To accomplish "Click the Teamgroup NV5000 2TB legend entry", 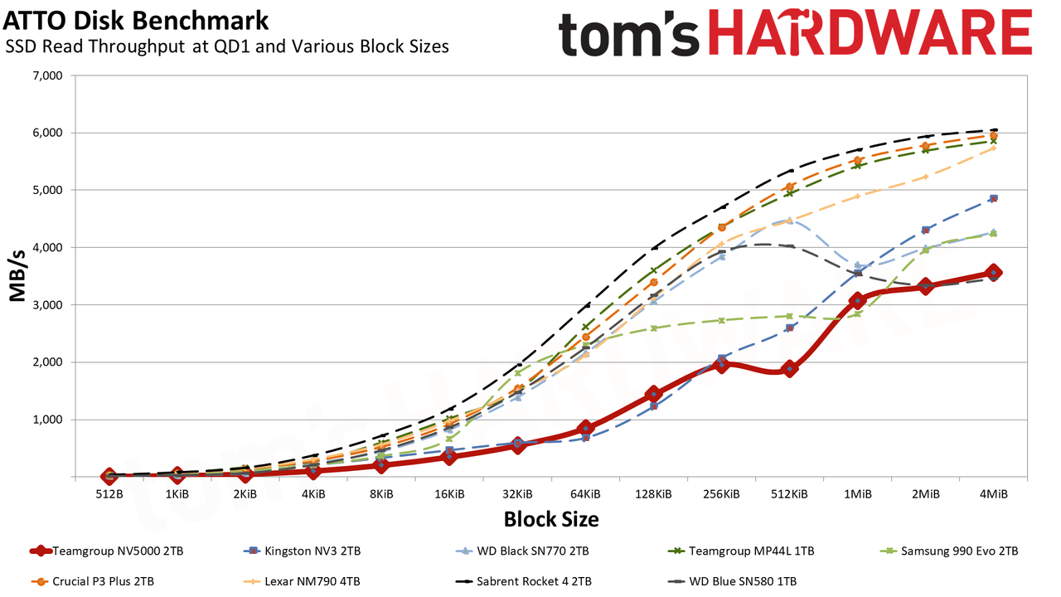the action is click(107, 551).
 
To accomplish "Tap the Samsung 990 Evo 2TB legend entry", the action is click(949, 551).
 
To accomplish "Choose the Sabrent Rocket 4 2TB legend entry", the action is click(523, 581).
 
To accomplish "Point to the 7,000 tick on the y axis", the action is click(48, 75).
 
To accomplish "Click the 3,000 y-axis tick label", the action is click(48, 305).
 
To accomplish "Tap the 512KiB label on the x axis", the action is click(789, 495).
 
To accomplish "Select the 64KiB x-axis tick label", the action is click(585, 495).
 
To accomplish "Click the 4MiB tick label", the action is click(994, 495).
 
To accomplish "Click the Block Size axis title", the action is click(551, 519).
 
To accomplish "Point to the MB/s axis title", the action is click(17, 276).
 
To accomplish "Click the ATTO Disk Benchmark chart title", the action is click(136, 21).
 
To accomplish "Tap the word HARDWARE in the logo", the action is click(870, 32).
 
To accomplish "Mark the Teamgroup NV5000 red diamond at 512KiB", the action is click(790, 369).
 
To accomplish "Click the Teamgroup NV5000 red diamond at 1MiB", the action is click(858, 300).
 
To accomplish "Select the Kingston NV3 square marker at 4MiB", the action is click(994, 198).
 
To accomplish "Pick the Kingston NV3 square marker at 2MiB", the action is click(926, 231).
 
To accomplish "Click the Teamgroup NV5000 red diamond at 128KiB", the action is click(654, 394).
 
